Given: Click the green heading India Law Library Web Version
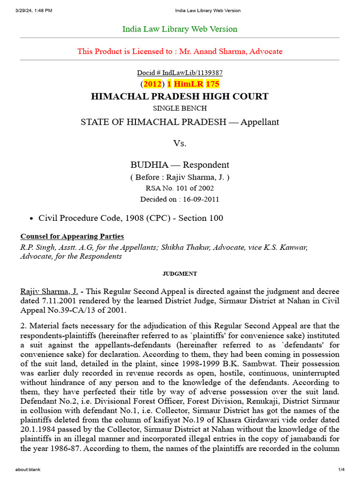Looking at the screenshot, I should coord(180,29).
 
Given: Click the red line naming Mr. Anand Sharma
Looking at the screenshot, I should coord(180,51).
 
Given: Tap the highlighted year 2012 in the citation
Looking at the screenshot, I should coord(152,84).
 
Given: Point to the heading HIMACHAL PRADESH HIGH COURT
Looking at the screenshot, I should coord(180,97).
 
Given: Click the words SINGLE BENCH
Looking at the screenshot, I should coord(180,109).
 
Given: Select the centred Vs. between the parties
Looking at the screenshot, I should coord(180,143).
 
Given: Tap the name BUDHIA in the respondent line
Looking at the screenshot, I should coord(147,165).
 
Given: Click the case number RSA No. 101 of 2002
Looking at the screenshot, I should coord(180,188).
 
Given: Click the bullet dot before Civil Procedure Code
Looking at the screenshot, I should coord(31,218).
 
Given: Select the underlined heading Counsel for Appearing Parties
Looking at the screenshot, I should coord(72,236).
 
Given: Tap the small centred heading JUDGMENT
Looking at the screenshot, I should coord(180,274).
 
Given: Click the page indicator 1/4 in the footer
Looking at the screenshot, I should coord(341,470).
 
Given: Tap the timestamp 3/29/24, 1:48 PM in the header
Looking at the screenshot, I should coord(34,10).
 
